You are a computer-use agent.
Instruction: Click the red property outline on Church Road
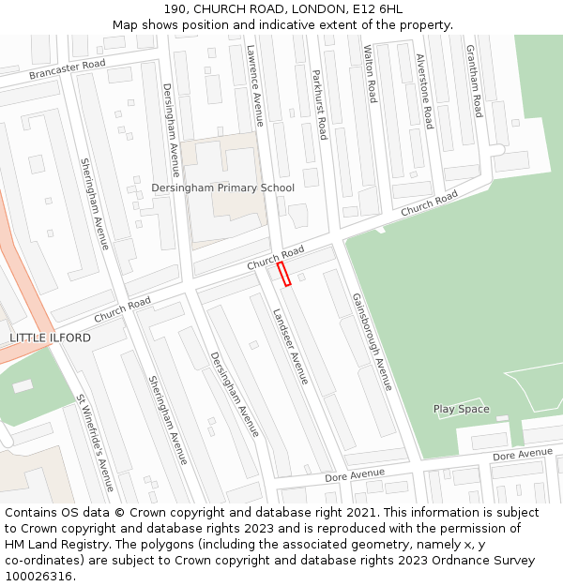[x=284, y=274]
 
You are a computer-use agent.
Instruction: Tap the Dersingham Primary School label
[x=223, y=188]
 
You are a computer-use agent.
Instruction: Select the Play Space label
[x=461, y=410]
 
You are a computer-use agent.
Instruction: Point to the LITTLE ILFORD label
[x=51, y=338]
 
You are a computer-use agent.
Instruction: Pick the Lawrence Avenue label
[x=255, y=86]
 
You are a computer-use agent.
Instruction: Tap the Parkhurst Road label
[x=319, y=104]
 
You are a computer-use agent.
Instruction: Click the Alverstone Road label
[x=424, y=91]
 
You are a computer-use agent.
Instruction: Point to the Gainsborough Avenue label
[x=372, y=341]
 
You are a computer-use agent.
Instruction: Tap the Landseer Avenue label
[x=290, y=346]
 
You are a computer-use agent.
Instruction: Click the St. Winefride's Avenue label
[x=95, y=443]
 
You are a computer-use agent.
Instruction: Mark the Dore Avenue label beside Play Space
[x=523, y=454]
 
